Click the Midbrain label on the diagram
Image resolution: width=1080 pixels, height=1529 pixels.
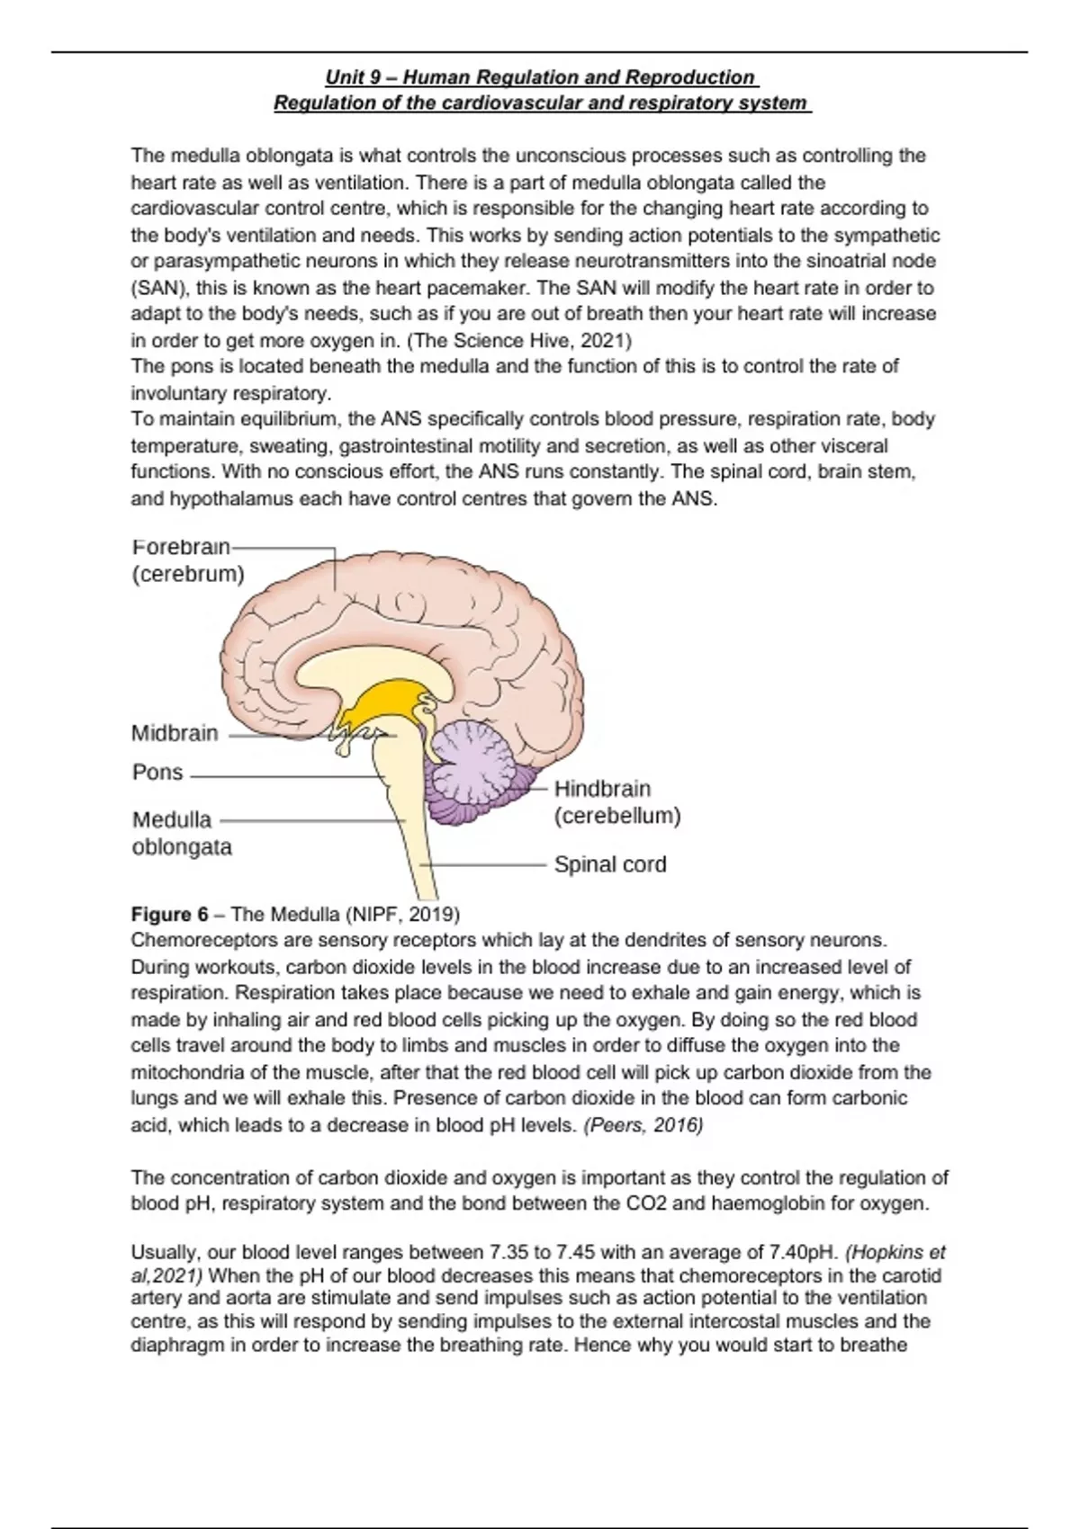click(175, 733)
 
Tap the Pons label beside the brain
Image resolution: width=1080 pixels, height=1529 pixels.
click(157, 772)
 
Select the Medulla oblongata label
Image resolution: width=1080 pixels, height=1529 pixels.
click(181, 833)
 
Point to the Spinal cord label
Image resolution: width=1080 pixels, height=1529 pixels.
click(610, 864)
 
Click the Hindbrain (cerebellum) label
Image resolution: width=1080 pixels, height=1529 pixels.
click(616, 802)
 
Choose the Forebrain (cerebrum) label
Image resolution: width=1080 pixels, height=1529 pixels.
click(187, 560)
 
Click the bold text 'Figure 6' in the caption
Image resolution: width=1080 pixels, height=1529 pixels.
click(169, 915)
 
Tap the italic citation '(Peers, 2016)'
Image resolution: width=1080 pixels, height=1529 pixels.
click(643, 1125)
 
